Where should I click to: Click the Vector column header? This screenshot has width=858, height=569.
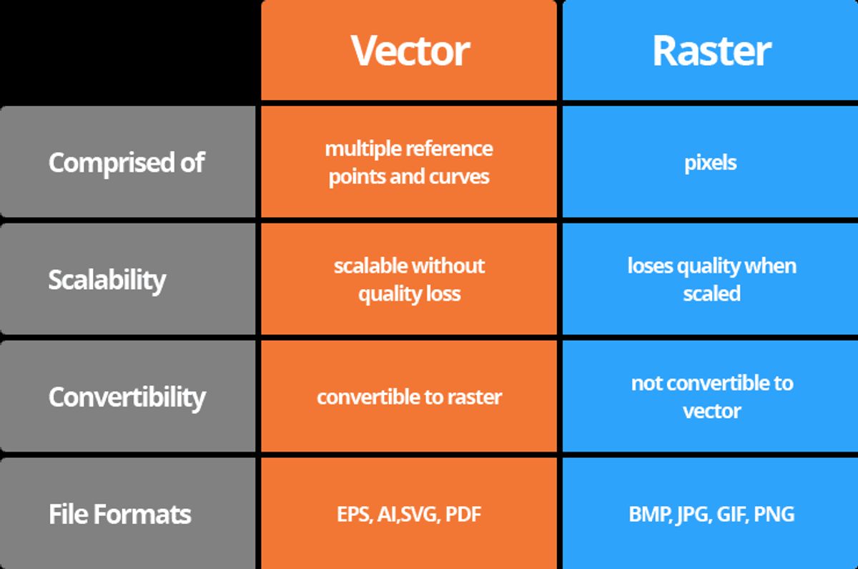click(409, 50)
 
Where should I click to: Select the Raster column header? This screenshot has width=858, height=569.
click(711, 50)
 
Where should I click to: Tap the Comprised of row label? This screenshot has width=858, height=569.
click(127, 162)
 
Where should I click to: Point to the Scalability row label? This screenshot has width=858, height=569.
click(107, 279)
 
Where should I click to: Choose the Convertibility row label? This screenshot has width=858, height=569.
click(127, 397)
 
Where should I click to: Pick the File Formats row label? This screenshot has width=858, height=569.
click(120, 514)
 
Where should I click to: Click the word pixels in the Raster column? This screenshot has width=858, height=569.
click(710, 162)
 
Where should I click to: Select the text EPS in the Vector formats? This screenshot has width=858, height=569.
click(352, 514)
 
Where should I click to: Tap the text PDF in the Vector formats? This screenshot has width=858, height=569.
click(463, 514)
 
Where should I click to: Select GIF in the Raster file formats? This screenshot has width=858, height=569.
click(729, 514)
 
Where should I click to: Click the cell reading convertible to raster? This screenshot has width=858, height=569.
click(409, 397)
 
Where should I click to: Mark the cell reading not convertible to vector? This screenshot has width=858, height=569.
click(711, 397)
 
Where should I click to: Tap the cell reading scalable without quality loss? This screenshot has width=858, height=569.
click(409, 279)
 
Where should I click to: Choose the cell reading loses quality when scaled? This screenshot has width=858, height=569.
click(711, 279)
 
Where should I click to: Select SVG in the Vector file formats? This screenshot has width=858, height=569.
click(420, 514)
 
